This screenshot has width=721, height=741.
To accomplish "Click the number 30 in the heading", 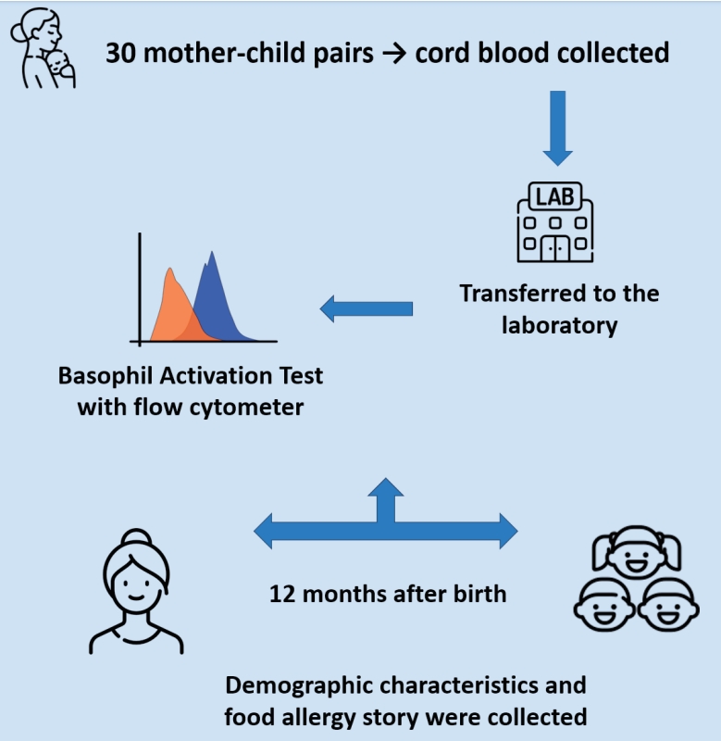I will pyautogui.click(x=120, y=53).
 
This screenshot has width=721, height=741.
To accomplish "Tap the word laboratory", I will pyautogui.click(x=560, y=325).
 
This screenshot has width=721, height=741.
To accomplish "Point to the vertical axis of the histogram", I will pyautogui.click(x=140, y=287).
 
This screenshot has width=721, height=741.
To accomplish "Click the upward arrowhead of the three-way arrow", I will pyautogui.click(x=385, y=488).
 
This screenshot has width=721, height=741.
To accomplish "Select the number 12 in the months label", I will pyautogui.click(x=281, y=593).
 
